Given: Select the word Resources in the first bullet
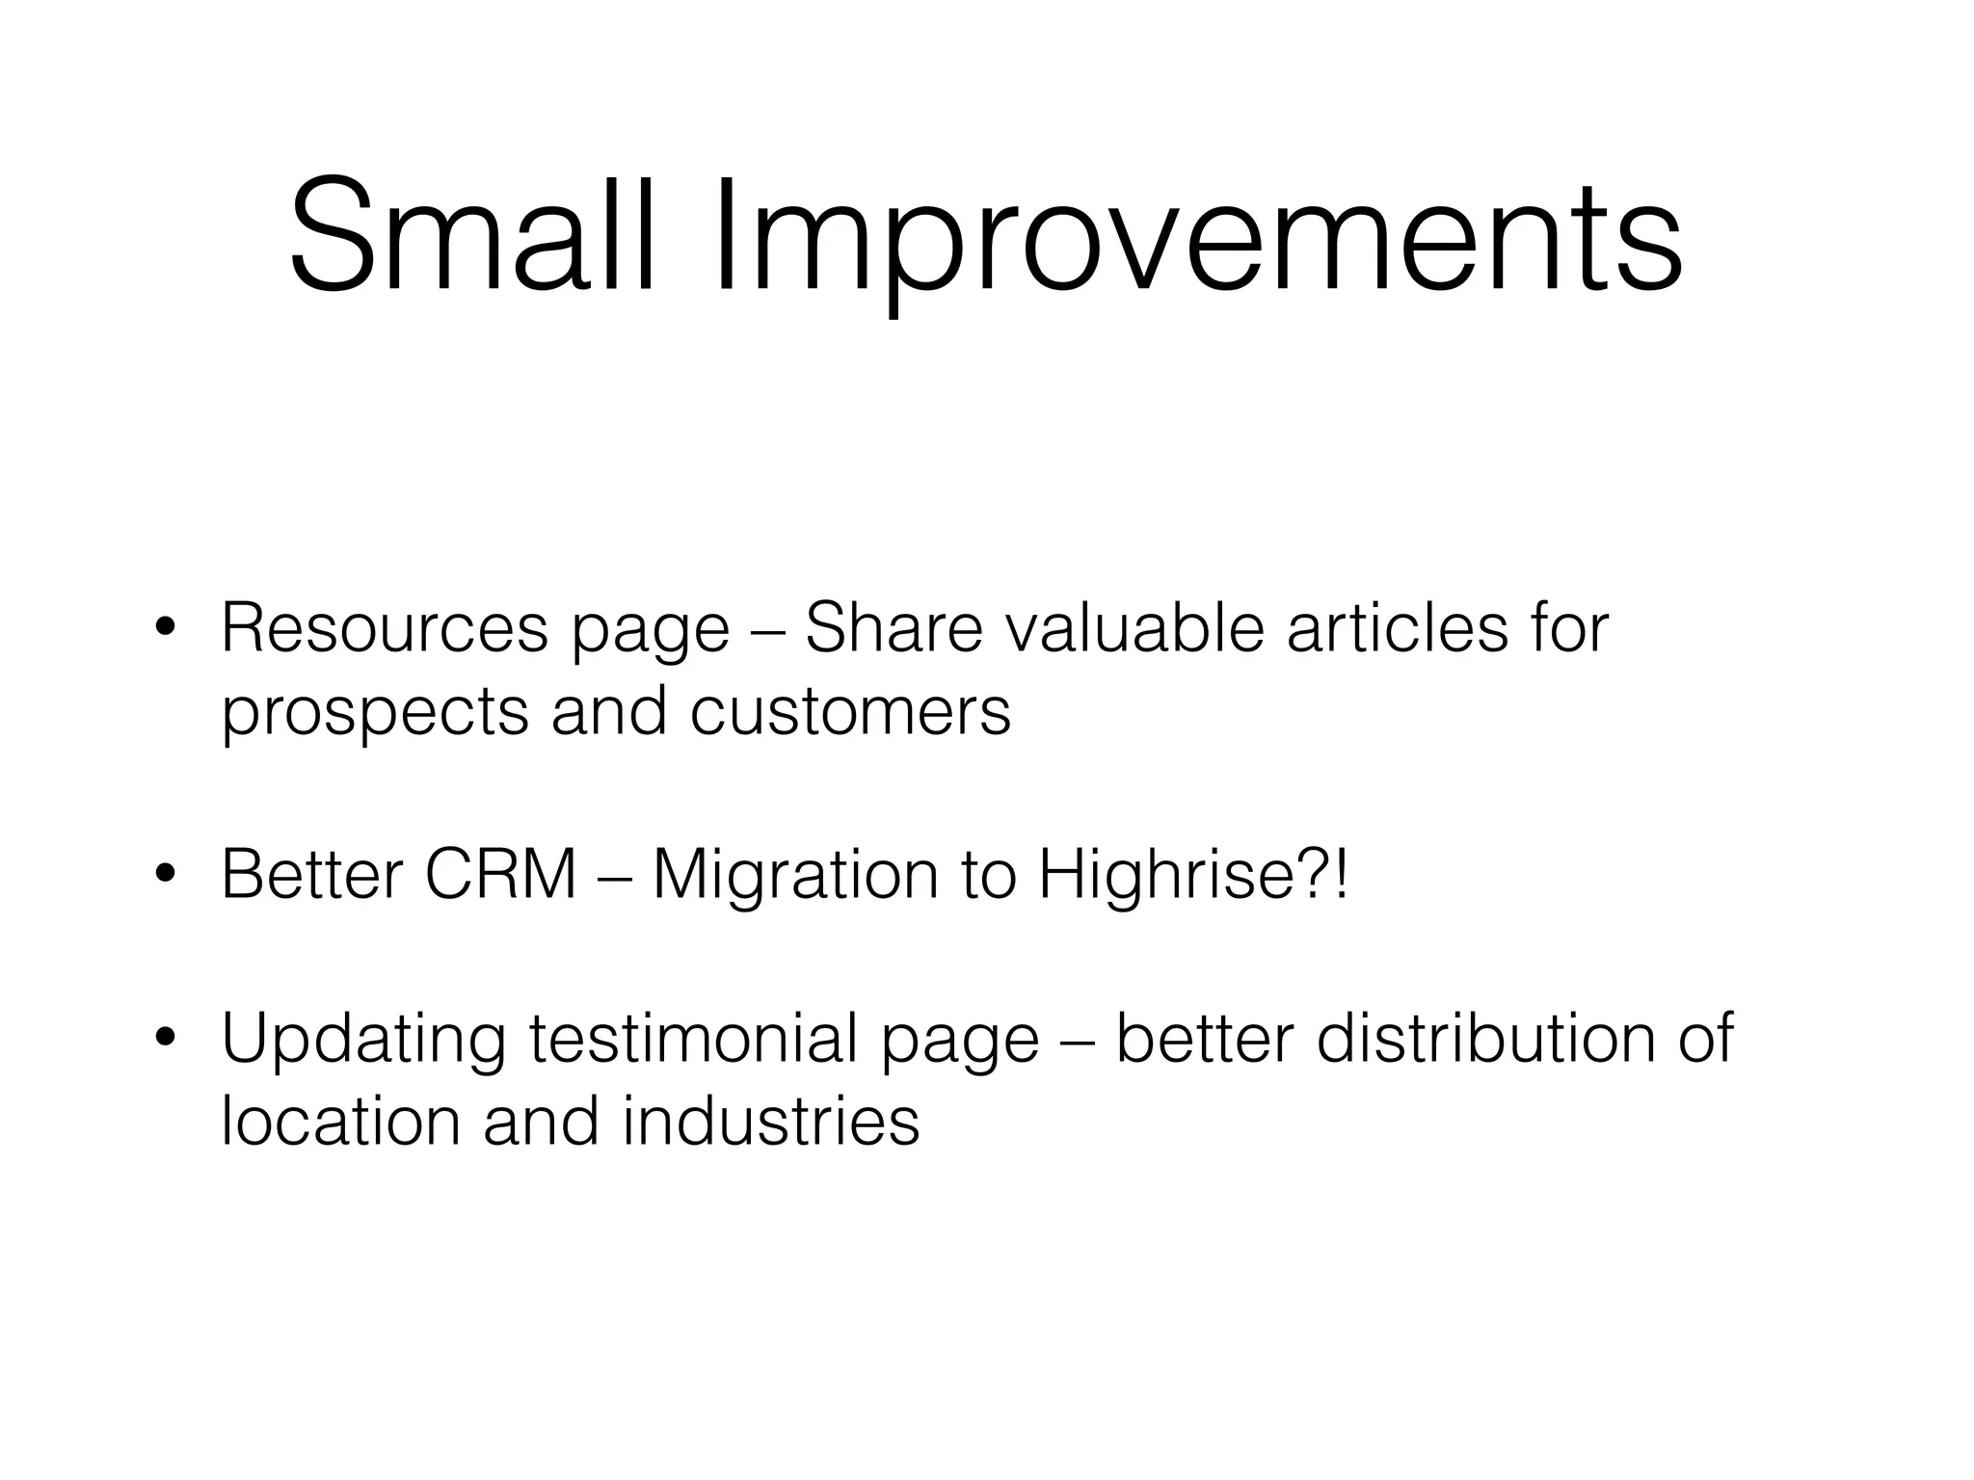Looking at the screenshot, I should point(385,628).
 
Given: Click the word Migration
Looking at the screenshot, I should point(795,877).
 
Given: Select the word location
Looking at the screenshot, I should point(340,1122).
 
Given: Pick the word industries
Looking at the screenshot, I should point(771,1122).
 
